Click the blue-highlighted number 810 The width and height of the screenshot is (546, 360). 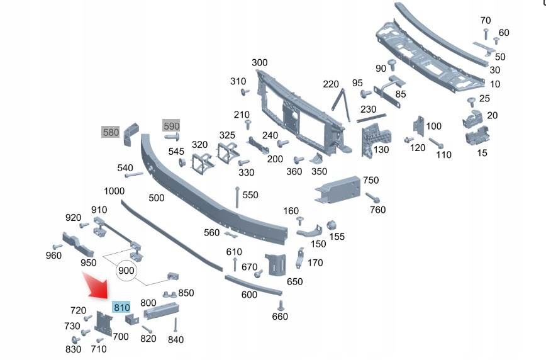(x=121, y=308)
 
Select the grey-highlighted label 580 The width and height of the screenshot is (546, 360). (x=111, y=133)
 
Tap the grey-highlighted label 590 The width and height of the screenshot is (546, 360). (x=172, y=125)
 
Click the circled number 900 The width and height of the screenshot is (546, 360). (x=127, y=271)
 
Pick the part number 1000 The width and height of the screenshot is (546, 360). (x=114, y=191)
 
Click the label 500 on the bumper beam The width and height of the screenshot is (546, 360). (x=157, y=198)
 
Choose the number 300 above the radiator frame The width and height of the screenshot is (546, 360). (x=259, y=62)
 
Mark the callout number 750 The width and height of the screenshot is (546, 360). (x=371, y=181)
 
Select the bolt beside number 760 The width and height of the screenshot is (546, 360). (x=371, y=198)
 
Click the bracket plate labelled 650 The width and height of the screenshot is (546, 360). (x=276, y=264)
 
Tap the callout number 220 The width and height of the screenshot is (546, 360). (x=331, y=84)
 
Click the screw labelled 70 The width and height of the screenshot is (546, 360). (x=486, y=31)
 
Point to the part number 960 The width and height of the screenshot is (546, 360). (x=53, y=256)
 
